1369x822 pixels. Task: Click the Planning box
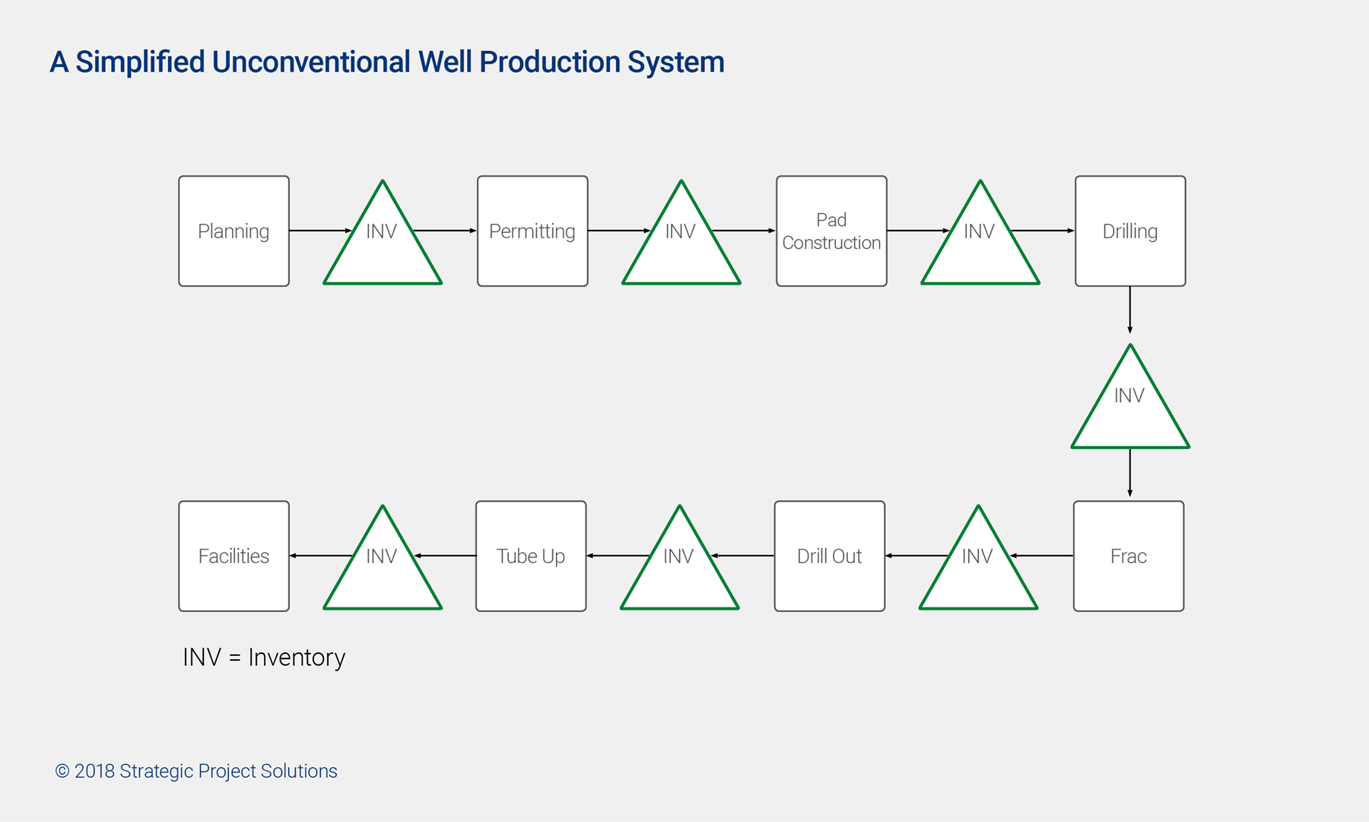233,231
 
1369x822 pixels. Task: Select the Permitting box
532,231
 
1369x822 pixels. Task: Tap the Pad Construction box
831,231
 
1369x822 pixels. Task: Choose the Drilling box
1130,231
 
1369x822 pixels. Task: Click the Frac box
1129,556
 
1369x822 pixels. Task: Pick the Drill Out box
830,556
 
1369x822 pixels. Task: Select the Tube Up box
531,556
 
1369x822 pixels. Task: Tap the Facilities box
233,556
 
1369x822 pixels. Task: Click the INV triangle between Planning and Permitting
383,244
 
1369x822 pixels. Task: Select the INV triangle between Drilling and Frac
1130,407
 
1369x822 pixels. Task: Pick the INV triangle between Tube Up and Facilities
383,569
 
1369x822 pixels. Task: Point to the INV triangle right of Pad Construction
980,244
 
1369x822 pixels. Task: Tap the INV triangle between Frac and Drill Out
978,569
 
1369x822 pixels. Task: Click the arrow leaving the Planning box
321,231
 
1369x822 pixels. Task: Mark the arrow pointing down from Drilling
1130,310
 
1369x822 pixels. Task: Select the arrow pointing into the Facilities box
321,556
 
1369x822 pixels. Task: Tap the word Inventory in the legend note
297,658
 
